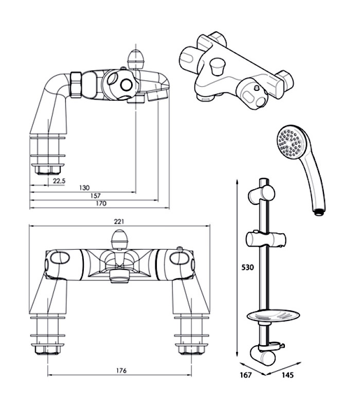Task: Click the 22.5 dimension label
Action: tap(60, 180)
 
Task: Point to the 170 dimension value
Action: tap(101, 203)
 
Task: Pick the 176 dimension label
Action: tap(121, 370)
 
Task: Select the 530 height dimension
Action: tap(247, 267)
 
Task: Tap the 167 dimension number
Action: tap(246, 376)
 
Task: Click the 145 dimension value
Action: tap(288, 376)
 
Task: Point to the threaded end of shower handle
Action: tap(318, 210)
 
